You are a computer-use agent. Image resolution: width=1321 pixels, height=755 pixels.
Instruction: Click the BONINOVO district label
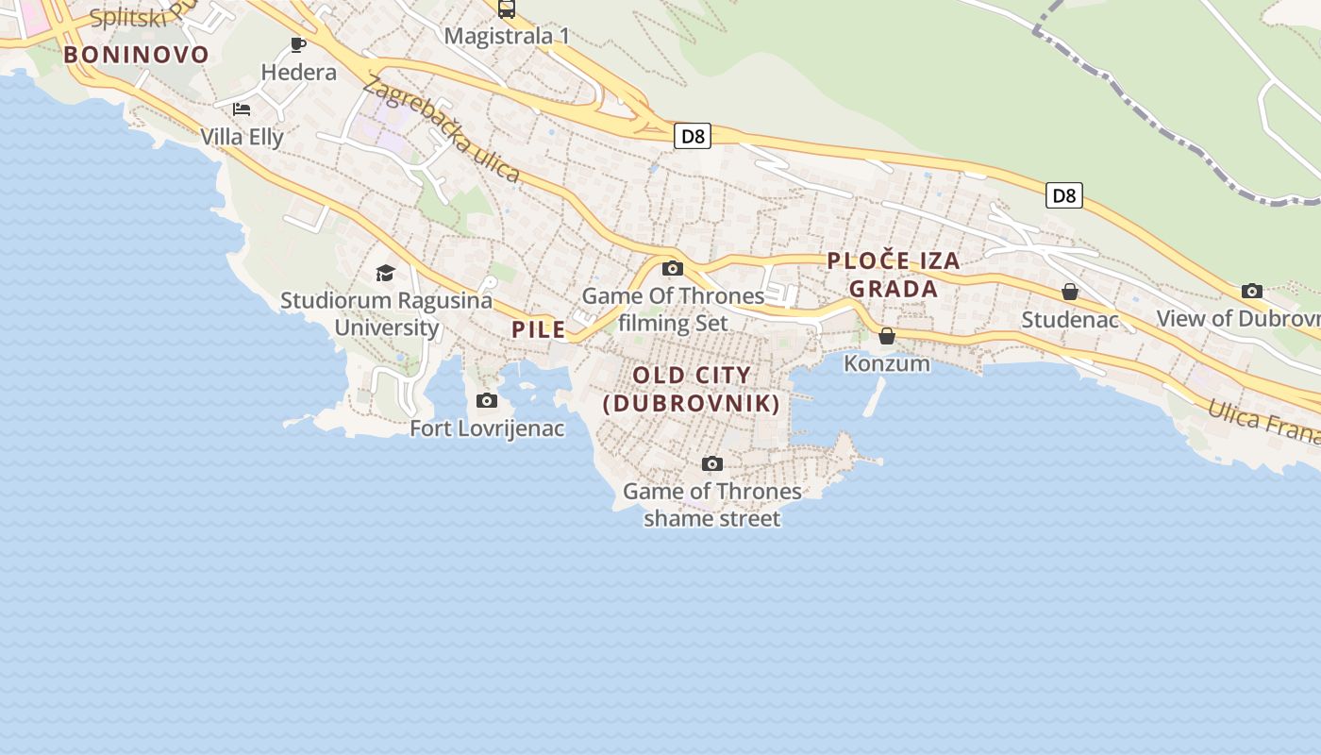(136, 55)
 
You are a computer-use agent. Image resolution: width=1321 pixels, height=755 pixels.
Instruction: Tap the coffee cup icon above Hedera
(298, 44)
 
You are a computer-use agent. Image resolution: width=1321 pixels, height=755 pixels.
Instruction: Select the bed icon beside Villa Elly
(242, 109)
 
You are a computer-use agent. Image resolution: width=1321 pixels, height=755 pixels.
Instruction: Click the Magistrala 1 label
(507, 36)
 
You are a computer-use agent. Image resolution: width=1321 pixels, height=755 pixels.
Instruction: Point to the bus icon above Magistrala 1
(507, 9)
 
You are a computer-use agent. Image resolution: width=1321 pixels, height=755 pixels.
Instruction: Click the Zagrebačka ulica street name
(441, 130)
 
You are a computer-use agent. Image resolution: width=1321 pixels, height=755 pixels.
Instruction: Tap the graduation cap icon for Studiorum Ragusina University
(385, 274)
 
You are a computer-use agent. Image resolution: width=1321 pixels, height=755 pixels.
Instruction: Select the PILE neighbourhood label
(539, 329)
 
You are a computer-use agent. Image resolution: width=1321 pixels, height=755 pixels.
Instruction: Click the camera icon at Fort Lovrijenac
(487, 401)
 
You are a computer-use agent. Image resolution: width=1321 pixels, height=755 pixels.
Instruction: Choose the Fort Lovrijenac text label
(487, 428)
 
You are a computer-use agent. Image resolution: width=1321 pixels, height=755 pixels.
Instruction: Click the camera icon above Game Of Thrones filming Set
(673, 269)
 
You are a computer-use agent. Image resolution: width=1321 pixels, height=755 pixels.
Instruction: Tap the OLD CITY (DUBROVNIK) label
(692, 389)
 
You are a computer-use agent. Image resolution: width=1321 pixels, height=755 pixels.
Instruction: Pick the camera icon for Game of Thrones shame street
(712, 463)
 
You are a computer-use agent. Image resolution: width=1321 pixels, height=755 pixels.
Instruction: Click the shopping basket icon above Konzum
(887, 336)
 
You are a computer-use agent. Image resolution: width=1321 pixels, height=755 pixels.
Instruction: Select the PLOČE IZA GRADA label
(894, 275)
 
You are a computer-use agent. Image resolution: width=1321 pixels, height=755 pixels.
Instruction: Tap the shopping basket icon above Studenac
(1070, 292)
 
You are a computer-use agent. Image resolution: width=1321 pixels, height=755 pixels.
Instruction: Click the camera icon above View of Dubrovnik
(1252, 291)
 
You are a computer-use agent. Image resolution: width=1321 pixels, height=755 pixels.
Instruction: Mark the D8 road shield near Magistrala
(693, 136)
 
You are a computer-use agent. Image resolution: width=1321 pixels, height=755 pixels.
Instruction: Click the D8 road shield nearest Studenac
(1063, 195)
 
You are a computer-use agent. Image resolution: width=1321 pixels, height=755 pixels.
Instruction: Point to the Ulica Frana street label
(1264, 421)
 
